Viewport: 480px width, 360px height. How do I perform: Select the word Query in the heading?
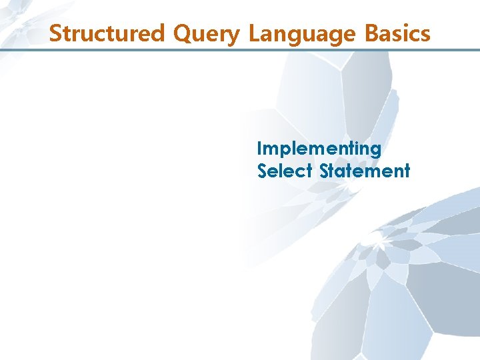[x=206, y=33]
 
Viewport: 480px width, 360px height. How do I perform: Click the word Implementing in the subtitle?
[x=319, y=149]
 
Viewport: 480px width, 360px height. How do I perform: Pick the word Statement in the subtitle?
[x=365, y=171]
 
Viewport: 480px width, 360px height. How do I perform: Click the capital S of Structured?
[x=55, y=33]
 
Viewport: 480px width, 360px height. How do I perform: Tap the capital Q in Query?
[x=183, y=33]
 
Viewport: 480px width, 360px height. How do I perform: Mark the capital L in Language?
[x=253, y=33]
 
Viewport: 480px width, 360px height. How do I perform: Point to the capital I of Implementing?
[x=260, y=148]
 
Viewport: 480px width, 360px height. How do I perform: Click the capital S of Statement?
[x=325, y=171]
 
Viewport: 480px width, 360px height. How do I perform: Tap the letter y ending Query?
[x=233, y=35]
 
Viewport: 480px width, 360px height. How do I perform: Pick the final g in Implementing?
[x=375, y=151]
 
